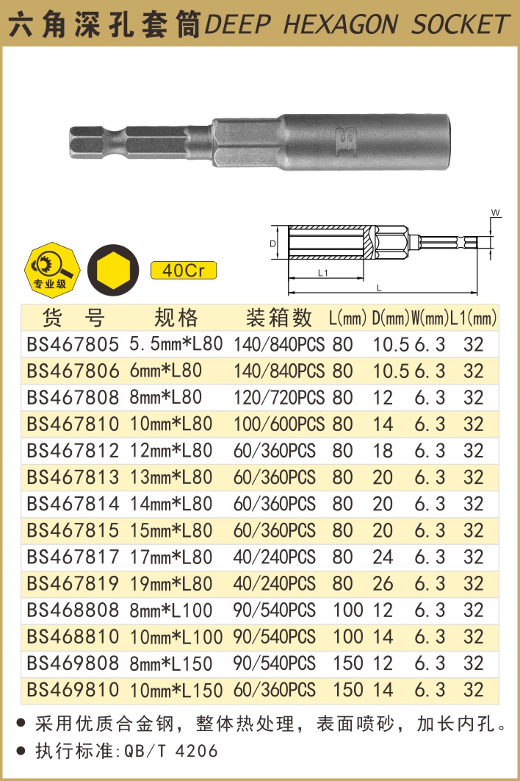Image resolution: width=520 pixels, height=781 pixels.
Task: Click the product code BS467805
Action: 73,344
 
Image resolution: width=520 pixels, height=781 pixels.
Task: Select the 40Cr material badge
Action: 183,270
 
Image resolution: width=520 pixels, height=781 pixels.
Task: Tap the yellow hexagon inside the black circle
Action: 113,270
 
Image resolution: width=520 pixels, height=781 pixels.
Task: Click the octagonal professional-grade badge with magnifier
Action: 52,270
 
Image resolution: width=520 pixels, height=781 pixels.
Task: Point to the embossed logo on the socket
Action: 347,141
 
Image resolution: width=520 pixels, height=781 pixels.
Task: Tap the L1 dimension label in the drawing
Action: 323,273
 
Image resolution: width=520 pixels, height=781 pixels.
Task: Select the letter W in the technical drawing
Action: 496,213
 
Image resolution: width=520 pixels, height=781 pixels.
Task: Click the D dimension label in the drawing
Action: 272,243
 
